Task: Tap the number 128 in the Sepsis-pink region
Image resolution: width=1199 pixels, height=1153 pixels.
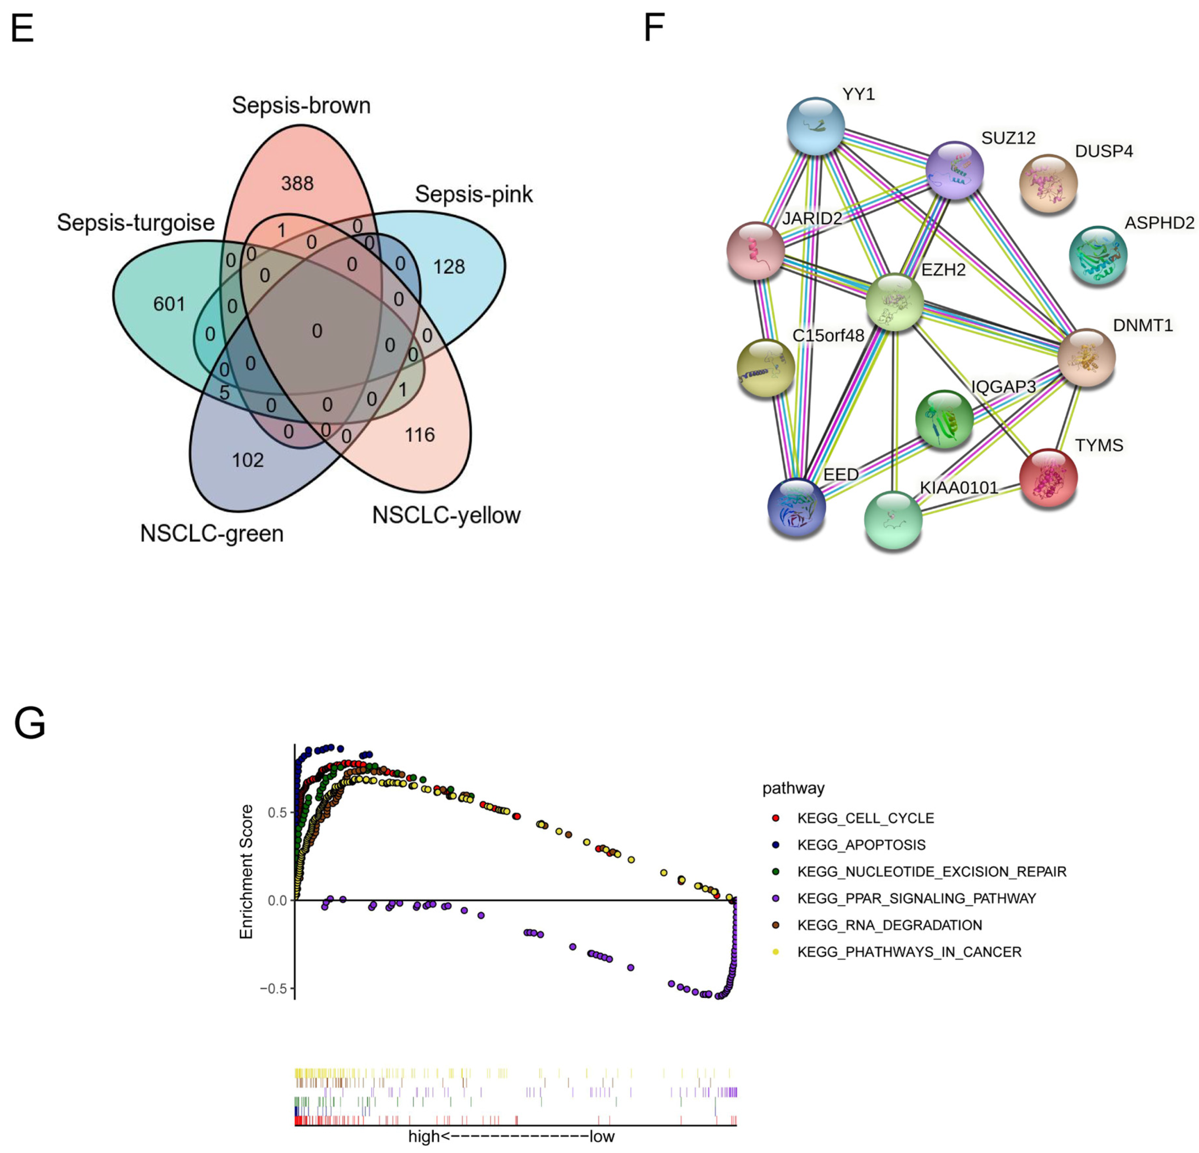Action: [449, 266]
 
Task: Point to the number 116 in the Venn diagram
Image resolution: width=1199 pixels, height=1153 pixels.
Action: [420, 435]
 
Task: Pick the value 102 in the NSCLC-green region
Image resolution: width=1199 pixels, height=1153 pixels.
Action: [248, 460]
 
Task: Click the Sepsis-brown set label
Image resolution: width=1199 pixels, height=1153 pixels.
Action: [301, 105]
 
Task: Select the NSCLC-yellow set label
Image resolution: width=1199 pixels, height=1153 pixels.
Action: [446, 515]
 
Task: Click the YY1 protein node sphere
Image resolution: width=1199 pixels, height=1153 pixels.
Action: [815, 126]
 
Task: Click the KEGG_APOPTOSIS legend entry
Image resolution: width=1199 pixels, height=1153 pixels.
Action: [861, 845]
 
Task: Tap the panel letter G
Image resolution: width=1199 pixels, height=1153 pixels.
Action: [29, 723]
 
